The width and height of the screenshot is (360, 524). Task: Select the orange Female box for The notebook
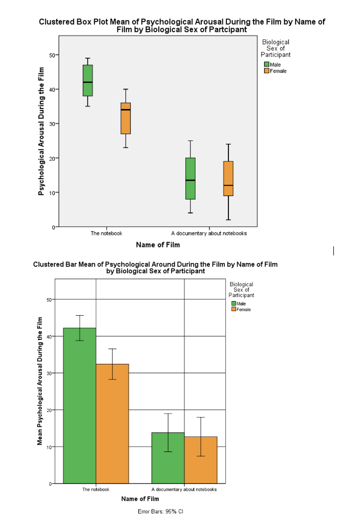point(125,118)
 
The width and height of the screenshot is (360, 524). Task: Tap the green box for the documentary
point(190,178)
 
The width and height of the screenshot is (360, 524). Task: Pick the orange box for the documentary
point(228,178)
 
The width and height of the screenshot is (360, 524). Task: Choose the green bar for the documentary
point(168,457)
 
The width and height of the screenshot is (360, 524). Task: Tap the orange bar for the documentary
point(201,460)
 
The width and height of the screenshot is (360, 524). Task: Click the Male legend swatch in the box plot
point(266,64)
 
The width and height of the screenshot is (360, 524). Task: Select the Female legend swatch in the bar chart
point(234,310)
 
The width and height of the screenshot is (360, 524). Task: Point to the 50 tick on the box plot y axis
point(52,55)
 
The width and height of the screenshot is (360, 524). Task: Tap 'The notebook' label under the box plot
point(107,233)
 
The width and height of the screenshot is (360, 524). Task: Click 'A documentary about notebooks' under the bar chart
point(184,489)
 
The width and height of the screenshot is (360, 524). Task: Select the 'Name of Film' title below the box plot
point(158,245)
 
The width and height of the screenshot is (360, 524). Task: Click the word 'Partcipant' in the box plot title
point(229,30)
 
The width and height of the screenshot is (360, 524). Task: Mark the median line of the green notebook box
point(88,82)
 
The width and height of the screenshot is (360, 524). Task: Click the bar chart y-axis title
point(40,381)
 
